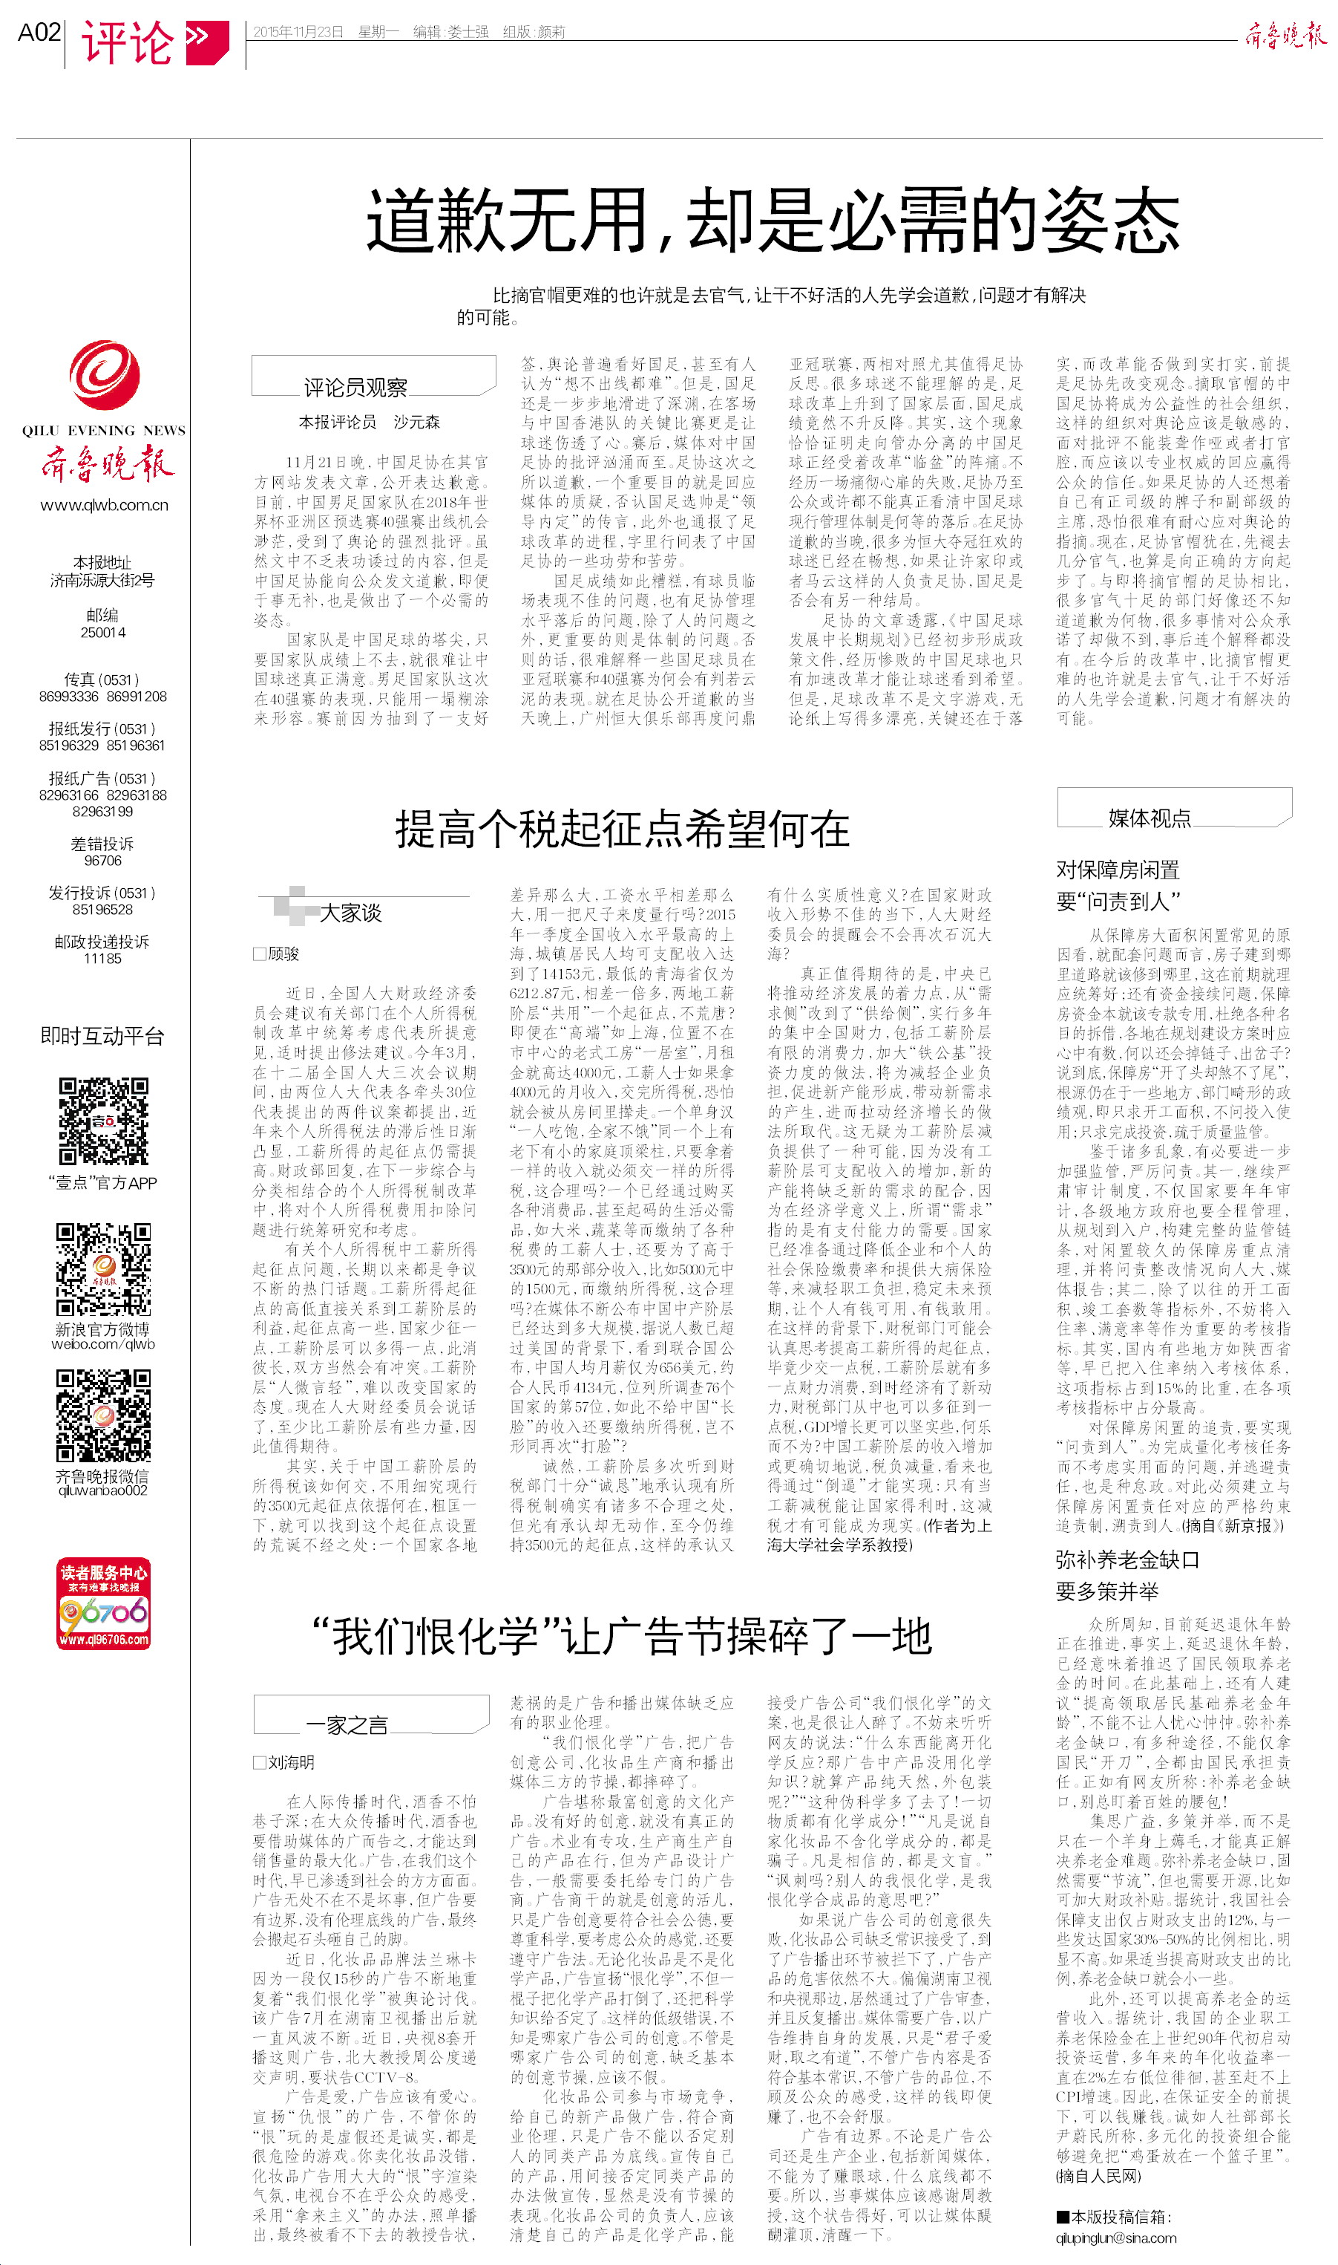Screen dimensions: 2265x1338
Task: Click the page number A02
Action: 39,33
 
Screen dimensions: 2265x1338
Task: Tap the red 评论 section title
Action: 127,42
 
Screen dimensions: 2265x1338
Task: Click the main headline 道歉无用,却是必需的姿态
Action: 772,220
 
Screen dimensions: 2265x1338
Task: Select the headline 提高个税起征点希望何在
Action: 622,828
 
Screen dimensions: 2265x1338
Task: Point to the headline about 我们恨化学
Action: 621,1636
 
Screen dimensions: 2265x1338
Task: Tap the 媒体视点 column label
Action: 1149,817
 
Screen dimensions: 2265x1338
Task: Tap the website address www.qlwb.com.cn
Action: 104,505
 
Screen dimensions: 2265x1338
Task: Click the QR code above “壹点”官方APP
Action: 104,1121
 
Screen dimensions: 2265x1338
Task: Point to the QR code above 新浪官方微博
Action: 104,1269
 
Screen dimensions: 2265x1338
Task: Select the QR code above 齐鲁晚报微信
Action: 104,1415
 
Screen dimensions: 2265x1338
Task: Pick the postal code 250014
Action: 103,632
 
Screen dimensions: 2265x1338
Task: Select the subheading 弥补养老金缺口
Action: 1127,1560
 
